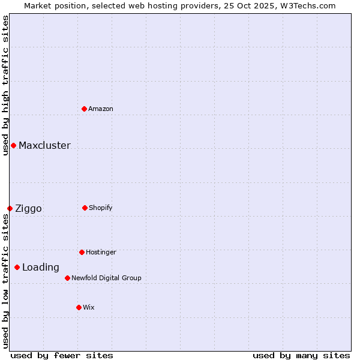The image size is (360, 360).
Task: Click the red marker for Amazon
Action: (85, 109)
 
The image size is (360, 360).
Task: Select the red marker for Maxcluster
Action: (13, 145)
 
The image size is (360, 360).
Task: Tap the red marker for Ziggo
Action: (10, 208)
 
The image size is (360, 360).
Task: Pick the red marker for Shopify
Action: (85, 208)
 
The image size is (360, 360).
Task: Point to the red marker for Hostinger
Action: (82, 252)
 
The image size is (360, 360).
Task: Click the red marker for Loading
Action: (17, 267)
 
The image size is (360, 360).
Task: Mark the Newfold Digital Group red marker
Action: (67, 278)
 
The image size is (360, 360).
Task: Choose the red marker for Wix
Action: (79, 307)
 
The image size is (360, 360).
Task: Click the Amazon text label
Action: (101, 109)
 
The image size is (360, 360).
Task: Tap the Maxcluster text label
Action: (44, 145)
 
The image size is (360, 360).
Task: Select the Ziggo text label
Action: (28, 208)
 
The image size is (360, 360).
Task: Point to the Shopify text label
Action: (101, 208)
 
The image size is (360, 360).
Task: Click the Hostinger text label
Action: (101, 252)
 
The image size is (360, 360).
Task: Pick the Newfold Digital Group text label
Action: (106, 278)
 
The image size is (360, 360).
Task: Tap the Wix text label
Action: (89, 307)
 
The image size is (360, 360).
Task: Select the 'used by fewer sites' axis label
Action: (62, 355)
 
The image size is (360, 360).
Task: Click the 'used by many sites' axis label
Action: (301, 355)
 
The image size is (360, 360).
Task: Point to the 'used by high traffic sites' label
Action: (5, 85)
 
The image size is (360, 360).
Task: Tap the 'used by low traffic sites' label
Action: (5, 281)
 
